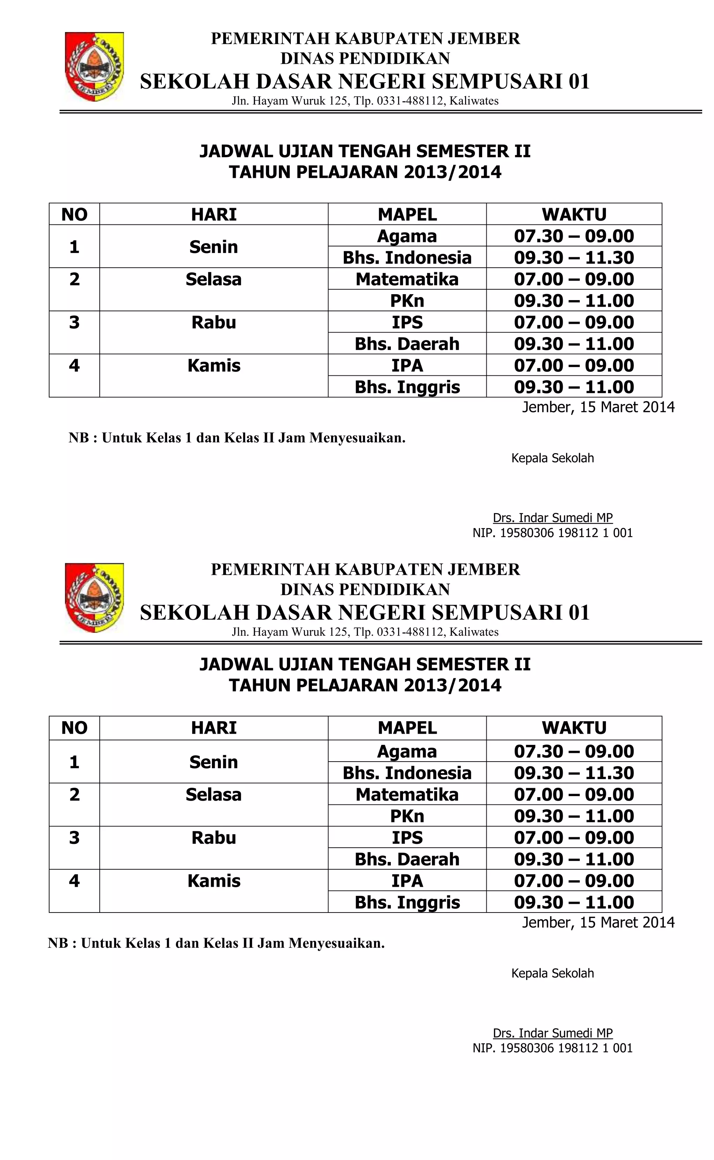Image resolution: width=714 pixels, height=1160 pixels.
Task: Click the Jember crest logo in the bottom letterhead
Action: point(94,598)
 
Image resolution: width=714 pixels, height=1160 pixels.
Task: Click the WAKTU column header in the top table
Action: point(574,214)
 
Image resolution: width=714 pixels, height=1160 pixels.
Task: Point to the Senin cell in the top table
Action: point(213,246)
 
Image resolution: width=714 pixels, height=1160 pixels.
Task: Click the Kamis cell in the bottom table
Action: point(213,881)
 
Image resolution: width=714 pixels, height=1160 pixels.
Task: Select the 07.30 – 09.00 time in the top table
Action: point(574,236)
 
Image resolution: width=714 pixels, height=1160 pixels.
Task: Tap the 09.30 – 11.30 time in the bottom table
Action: point(574,773)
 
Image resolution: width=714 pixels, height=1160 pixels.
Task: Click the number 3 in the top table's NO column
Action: point(74,322)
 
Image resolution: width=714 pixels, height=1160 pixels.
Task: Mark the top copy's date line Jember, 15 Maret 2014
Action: point(598,407)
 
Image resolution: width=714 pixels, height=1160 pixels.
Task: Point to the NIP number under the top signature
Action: point(553,533)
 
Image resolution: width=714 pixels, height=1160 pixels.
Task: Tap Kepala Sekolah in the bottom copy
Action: point(553,973)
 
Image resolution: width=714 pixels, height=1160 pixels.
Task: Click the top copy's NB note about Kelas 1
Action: point(237,438)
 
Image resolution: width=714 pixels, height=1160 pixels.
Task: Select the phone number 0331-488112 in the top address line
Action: point(410,101)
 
